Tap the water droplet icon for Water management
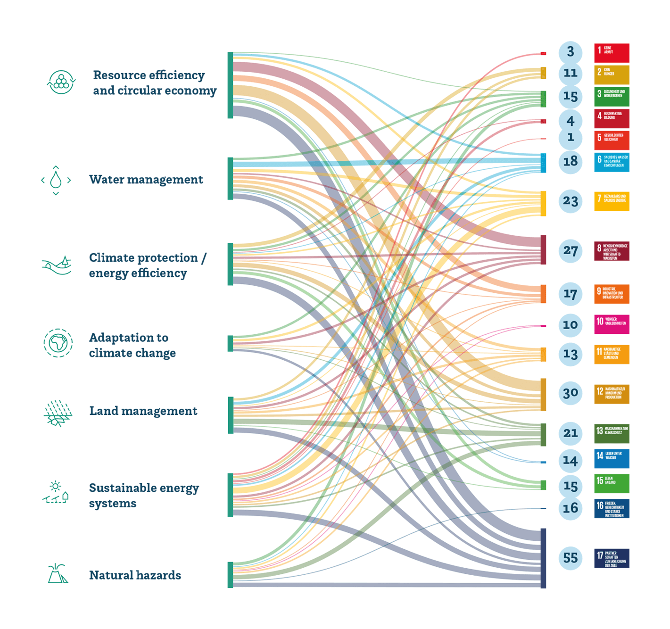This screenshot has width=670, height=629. [x=56, y=180]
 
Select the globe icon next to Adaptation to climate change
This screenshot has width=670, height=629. [x=58, y=343]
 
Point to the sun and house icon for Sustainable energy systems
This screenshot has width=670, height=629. [x=56, y=493]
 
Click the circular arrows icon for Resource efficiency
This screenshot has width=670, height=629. [x=61, y=82]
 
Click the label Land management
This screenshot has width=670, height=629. [x=143, y=411]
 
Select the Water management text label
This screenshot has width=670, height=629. [x=146, y=180]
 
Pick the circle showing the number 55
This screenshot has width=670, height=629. [x=571, y=558]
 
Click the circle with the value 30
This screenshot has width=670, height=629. [x=571, y=393]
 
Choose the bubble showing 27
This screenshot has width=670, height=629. [x=571, y=250]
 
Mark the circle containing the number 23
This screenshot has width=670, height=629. [x=571, y=201]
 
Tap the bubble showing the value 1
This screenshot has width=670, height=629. [x=571, y=137]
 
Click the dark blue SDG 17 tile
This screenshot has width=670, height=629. [x=612, y=558]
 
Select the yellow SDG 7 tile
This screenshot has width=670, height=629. [x=612, y=201]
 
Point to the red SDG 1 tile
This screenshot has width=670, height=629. [x=612, y=53]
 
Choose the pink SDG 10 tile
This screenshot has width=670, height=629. [x=612, y=324]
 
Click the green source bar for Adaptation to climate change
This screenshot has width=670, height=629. [x=230, y=343]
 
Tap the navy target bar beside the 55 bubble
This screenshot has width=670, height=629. [x=543, y=558]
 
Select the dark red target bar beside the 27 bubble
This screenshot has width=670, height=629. [x=543, y=250]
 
